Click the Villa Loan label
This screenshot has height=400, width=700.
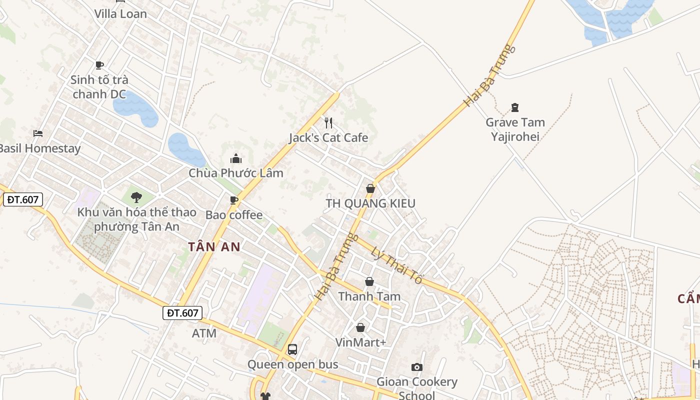[121, 14]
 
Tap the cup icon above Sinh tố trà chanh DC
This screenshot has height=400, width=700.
[99, 65]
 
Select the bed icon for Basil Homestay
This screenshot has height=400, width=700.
[38, 133]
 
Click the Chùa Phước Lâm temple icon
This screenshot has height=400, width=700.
[236, 159]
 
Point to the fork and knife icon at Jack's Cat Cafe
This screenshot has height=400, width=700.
[328, 123]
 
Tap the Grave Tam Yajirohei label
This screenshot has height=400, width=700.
[515, 129]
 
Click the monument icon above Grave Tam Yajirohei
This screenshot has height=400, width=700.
[515, 107]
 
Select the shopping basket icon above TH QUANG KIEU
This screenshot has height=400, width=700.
[370, 188]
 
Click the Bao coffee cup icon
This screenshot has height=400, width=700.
[233, 200]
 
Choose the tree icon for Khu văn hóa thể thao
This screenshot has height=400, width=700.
[136, 197]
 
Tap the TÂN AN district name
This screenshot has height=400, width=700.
[214, 246]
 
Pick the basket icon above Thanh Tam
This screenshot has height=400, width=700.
[369, 282]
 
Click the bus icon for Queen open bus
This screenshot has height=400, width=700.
[292, 349]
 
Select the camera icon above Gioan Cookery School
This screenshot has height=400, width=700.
[416, 367]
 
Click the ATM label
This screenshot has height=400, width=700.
[204, 333]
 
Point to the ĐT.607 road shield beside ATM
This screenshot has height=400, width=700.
[183, 313]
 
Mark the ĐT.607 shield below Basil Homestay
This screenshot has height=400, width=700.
[23, 199]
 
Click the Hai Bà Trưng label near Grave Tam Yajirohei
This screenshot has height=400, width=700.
[488, 75]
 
